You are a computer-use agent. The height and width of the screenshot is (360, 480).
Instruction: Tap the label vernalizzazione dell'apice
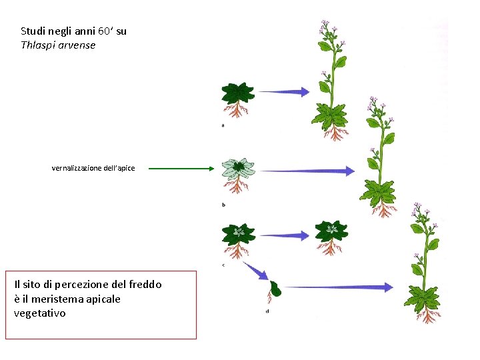[x=93, y=168]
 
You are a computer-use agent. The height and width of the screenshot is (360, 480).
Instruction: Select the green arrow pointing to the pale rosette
[x=183, y=169]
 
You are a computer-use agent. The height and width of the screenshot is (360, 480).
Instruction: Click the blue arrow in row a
[x=283, y=91]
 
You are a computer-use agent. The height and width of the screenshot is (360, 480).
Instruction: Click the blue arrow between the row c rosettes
[x=283, y=235]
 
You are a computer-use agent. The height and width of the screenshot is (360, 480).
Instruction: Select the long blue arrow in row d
[x=337, y=287]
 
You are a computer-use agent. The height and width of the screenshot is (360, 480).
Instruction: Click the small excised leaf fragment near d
[x=275, y=289]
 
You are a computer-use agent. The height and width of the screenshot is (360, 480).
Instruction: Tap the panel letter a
[x=222, y=125]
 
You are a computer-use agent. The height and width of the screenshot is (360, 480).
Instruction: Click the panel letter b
[x=223, y=205]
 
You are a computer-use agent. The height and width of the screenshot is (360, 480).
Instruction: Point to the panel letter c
[x=223, y=265]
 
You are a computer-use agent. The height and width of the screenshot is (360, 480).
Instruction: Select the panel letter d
[x=267, y=311]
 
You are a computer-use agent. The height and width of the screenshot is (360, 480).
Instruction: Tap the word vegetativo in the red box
[x=40, y=313]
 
